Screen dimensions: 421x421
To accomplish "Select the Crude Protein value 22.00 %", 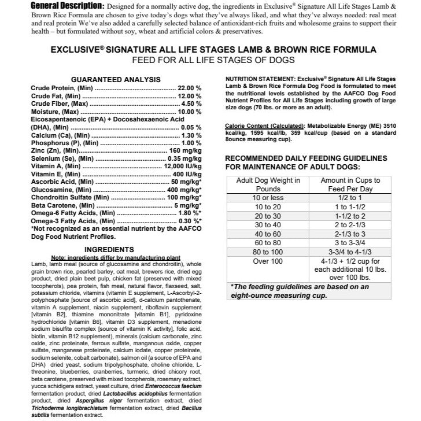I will pyautogui.click(x=189, y=88).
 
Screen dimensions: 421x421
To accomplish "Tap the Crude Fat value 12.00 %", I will pyautogui.click(x=189, y=96).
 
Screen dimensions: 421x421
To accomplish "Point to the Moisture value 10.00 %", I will pyautogui.click(x=189, y=111).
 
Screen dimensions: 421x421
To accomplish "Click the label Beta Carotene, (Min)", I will pyautogui.click(x=62, y=205).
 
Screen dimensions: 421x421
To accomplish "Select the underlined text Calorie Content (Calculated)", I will pyautogui.click(x=264, y=125).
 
